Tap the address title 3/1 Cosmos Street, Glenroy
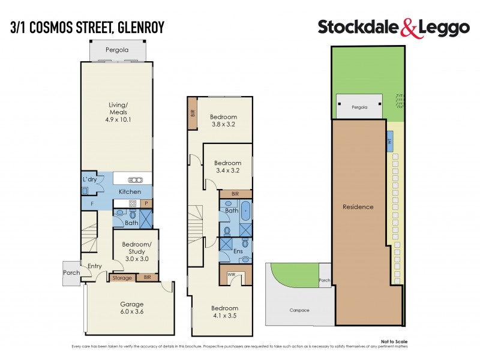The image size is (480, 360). (x=88, y=27)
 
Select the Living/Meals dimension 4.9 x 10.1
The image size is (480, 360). (x=116, y=119)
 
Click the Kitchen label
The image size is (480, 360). (x=130, y=191)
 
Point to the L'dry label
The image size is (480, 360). (x=89, y=180)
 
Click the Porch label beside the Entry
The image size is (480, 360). (x=71, y=273)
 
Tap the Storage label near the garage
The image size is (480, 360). (x=122, y=278)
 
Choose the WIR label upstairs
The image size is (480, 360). (x=232, y=275)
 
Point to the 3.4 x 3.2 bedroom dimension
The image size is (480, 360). (x=227, y=171)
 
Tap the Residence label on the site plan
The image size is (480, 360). (x=358, y=207)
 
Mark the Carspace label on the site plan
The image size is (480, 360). (x=299, y=310)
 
